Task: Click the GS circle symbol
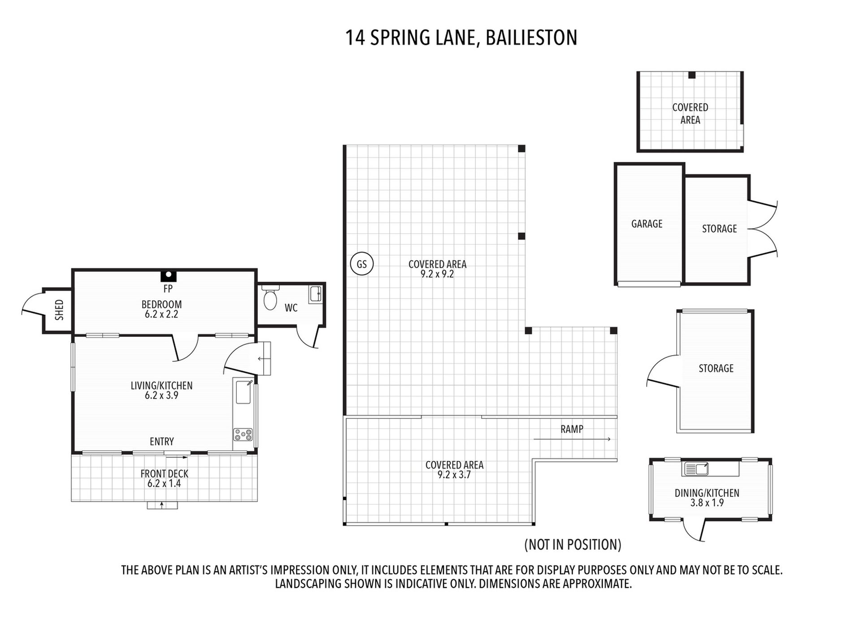(x=361, y=264)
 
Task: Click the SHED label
(x=59, y=310)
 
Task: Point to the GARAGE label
(x=647, y=224)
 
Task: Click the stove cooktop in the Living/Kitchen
(x=243, y=435)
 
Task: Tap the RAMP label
(x=572, y=429)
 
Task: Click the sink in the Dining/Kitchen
(x=696, y=469)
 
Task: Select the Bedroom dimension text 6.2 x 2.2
(x=161, y=314)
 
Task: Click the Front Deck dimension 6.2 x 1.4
(x=164, y=483)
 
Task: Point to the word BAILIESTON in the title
(x=531, y=37)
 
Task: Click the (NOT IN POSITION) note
(x=573, y=544)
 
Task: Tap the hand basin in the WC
(x=316, y=294)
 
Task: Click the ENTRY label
(x=162, y=442)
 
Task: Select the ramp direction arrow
(x=572, y=439)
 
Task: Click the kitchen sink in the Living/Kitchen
(x=243, y=391)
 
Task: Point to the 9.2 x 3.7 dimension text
(x=454, y=475)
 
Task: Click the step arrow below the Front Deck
(x=162, y=505)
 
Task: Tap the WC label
(x=291, y=308)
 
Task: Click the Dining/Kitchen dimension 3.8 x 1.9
(x=707, y=503)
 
